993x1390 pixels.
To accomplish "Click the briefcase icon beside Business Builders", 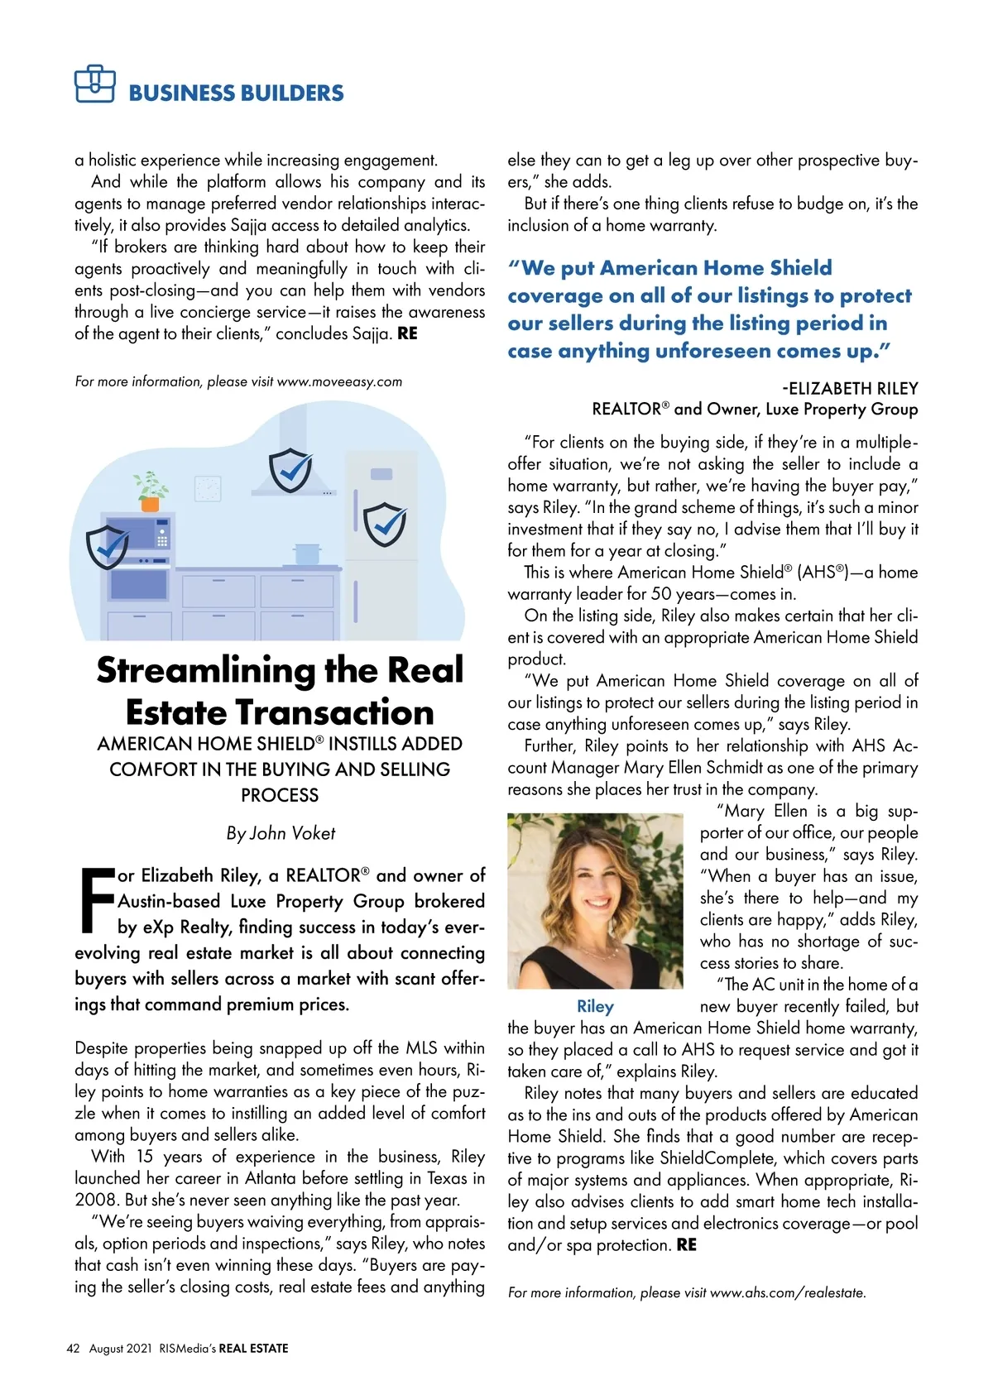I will (x=94, y=84).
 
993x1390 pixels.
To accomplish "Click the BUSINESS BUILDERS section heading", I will (x=236, y=93).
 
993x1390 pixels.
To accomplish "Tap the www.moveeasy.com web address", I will (x=339, y=381).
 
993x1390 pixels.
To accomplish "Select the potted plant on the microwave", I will (x=151, y=491).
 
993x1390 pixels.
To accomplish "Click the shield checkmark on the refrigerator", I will (x=385, y=524).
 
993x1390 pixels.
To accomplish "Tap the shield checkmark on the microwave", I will (x=108, y=546).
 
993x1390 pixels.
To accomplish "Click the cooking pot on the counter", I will (x=306, y=553).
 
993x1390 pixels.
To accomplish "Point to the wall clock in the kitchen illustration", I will (x=208, y=488).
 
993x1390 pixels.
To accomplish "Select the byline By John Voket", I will (x=281, y=833).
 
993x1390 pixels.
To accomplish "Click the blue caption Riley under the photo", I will (x=595, y=1006).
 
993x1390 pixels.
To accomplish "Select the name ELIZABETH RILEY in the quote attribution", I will (x=853, y=388).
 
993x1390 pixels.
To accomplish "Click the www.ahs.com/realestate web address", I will (x=787, y=1292).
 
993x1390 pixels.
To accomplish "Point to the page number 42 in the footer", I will (x=73, y=1348).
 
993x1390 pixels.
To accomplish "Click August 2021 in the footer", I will (x=121, y=1348).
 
